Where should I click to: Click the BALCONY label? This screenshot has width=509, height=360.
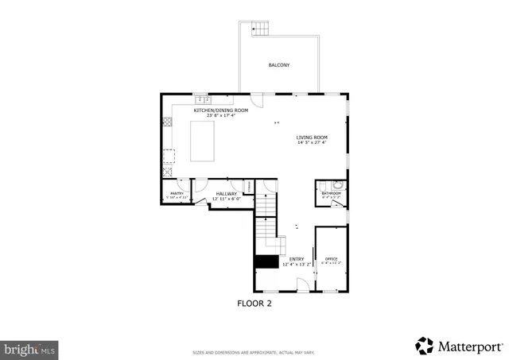[x=278, y=64]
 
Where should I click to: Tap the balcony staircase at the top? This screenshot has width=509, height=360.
[x=262, y=29]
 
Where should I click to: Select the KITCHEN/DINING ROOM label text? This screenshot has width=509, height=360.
[x=215, y=110]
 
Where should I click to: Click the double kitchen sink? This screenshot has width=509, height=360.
[x=203, y=99]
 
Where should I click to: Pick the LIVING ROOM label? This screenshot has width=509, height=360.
[x=312, y=137]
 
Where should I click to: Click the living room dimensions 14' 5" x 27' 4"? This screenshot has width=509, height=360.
[x=312, y=144]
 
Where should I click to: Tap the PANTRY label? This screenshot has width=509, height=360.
[x=177, y=193]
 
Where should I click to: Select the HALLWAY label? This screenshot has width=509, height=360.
[x=227, y=193]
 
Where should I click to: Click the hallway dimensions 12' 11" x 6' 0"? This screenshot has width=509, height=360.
[x=227, y=199]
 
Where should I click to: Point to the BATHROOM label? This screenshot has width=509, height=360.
[x=331, y=193]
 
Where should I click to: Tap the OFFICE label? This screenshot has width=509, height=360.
[x=331, y=259]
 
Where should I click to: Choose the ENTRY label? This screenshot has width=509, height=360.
[x=296, y=259]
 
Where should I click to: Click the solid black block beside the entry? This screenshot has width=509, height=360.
[x=265, y=261]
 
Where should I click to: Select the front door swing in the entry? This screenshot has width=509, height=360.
[x=303, y=285]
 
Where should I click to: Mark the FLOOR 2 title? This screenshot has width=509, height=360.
[x=254, y=303]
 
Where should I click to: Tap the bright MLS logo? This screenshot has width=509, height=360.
[x=29, y=348]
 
